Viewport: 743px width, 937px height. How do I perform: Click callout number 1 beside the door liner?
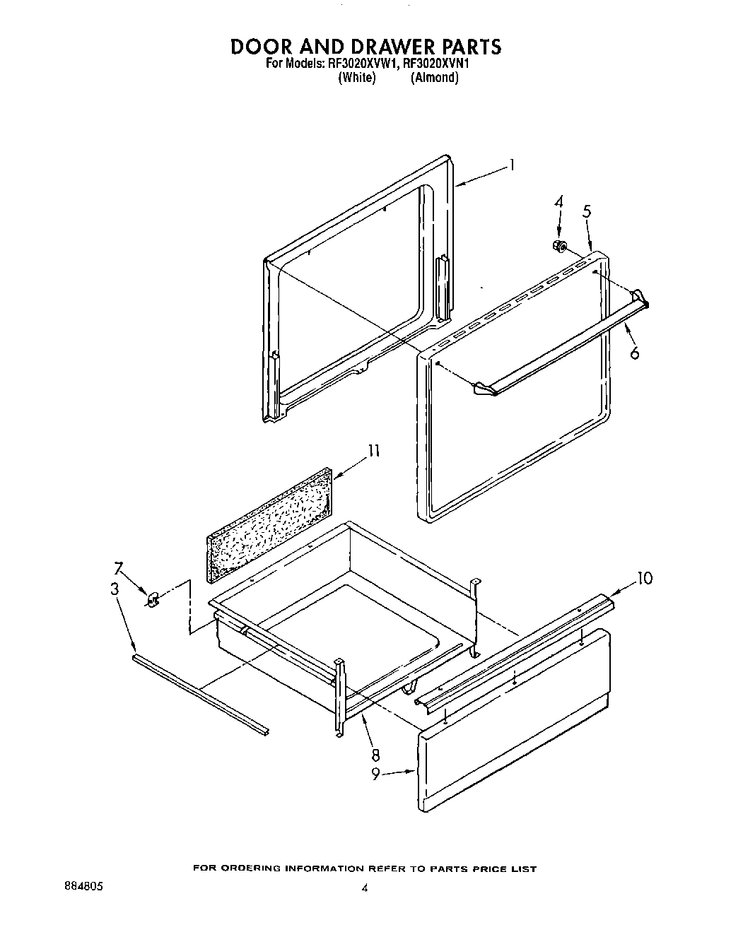(511, 166)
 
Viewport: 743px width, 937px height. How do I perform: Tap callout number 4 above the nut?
(558, 202)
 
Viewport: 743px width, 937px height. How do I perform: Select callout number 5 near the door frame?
(587, 211)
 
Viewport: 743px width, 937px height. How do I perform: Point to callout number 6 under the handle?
(634, 352)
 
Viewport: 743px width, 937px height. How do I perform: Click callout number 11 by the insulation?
(374, 451)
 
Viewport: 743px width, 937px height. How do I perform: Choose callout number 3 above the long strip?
(115, 589)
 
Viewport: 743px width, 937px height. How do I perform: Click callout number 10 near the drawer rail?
(644, 579)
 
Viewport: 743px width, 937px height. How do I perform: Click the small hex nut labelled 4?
(559, 246)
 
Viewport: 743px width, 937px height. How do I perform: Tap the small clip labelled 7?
(152, 600)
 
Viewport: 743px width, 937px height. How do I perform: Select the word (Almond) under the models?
(435, 78)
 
